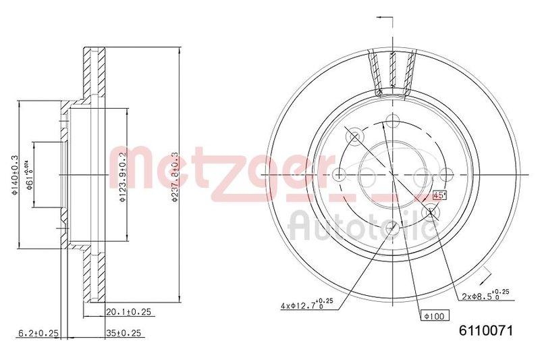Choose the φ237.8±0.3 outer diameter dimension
click(x=173, y=175)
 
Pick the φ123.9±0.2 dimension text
click(x=123, y=175)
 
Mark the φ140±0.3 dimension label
click(x=13, y=175)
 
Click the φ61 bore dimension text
click(x=31, y=176)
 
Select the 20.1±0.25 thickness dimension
click(x=128, y=312)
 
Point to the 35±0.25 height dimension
click(x=125, y=333)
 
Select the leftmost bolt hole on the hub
click(x=340, y=174)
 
